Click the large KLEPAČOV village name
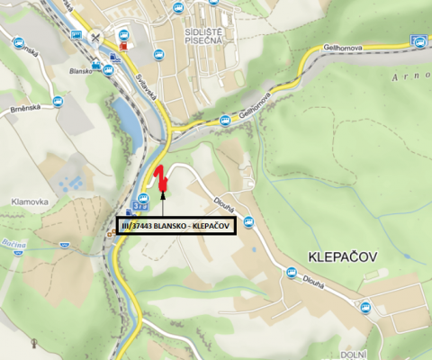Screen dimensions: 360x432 [342, 256]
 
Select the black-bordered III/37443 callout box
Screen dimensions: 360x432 [176, 225]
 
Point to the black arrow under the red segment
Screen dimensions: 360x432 [163, 186]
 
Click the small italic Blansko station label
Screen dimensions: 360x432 [82, 68]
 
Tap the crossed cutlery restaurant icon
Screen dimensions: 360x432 [97, 38]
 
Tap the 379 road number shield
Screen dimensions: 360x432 [142, 207]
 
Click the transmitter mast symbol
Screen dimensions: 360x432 [34, 343]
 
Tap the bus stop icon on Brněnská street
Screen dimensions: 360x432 [58, 102]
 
